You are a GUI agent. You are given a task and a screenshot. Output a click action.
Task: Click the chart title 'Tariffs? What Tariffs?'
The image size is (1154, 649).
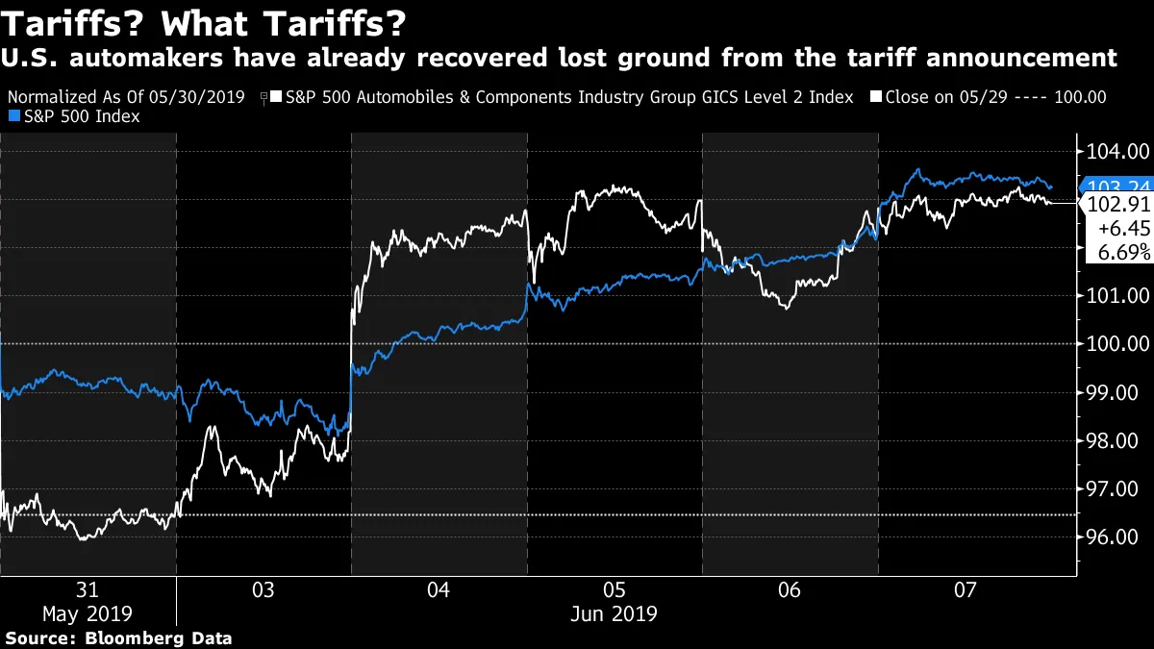click(x=202, y=21)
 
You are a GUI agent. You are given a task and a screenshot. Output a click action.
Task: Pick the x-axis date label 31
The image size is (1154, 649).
click(x=88, y=589)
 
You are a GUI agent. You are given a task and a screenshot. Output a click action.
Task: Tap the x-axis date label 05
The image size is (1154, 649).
click(x=615, y=589)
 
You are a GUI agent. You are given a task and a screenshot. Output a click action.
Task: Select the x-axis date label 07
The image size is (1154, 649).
click(x=966, y=589)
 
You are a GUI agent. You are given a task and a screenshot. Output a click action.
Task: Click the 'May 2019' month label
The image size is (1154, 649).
click(x=88, y=613)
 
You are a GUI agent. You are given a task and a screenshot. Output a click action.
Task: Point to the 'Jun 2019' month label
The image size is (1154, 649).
click(x=615, y=613)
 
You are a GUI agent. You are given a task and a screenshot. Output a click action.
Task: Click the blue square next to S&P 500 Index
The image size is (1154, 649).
click(x=13, y=116)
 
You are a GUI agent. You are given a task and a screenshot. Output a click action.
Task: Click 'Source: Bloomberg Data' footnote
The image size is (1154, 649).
click(x=119, y=637)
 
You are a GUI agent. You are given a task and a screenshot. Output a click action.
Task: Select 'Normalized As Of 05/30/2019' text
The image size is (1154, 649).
click(x=125, y=97)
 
